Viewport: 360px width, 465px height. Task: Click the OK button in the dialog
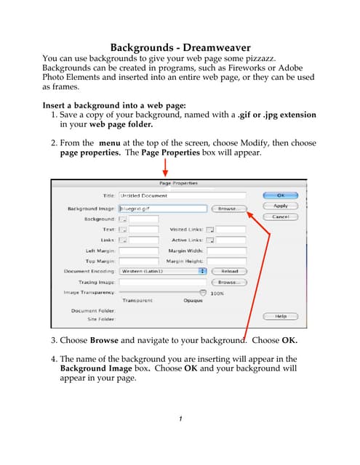coord(281,195)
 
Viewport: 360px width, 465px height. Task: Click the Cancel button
coord(281,217)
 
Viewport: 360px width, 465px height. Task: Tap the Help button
coord(281,316)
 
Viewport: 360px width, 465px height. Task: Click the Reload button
coord(228,271)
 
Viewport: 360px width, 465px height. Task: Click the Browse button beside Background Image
coord(228,209)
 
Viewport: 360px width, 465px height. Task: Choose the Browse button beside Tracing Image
coord(228,281)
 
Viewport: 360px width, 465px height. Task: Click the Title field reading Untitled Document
coord(182,195)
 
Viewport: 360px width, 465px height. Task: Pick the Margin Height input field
coord(226,261)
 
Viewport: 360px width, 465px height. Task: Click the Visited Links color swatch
coord(209,230)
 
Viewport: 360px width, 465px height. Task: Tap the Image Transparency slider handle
coord(202,292)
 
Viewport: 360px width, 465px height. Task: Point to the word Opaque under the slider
coord(193,299)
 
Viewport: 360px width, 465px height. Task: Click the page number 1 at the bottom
coord(180,419)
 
